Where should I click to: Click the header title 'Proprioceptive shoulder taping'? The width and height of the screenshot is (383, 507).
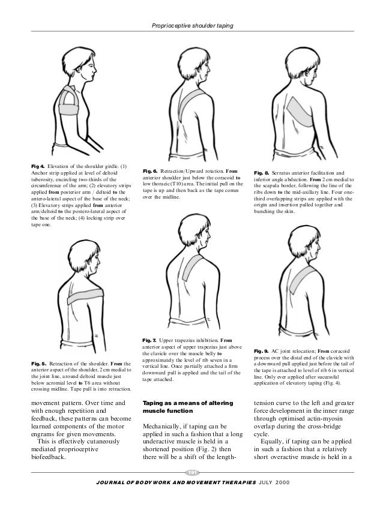pos(191,25)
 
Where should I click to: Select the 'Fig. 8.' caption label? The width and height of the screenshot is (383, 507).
pos(263,172)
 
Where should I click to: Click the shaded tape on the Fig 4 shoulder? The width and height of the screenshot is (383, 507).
pos(70,101)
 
